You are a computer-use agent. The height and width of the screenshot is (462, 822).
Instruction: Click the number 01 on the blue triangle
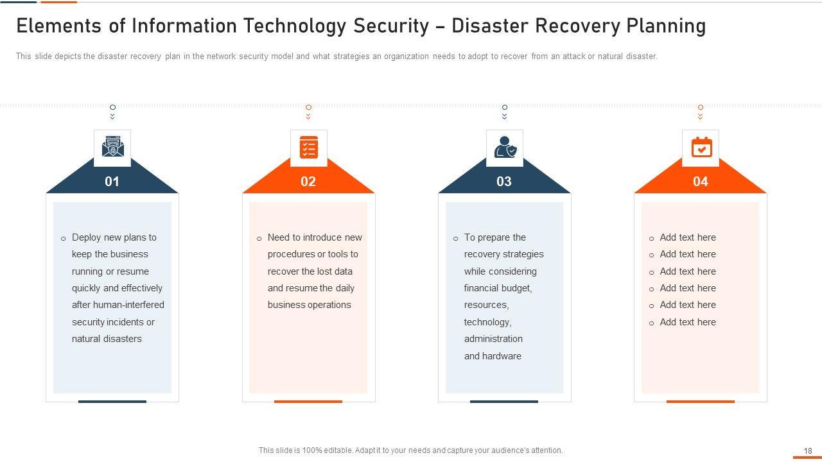pos(112,182)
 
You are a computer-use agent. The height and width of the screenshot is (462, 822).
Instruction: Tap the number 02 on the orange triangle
pos(308,182)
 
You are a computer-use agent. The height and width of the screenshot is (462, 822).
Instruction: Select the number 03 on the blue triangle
pos(504,182)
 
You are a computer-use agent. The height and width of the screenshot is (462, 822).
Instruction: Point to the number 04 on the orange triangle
pos(700,182)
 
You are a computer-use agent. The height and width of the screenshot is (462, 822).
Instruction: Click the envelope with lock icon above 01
pos(112,148)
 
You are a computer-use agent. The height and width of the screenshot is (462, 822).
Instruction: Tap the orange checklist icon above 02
pos(309,148)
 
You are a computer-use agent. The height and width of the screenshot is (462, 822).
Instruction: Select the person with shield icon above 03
pos(504,148)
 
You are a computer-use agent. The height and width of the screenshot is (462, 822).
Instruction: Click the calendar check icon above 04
pos(701,148)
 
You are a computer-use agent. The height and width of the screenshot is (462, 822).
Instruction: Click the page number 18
pos(808,451)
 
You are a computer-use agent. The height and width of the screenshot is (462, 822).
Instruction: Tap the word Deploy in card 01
pos(87,237)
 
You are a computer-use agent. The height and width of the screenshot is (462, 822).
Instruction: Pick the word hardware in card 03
pos(502,356)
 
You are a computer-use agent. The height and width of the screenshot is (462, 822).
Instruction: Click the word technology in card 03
pos(487,322)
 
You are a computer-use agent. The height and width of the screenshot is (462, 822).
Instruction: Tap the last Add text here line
pos(687,322)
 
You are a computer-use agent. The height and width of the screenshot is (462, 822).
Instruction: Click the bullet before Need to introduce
pos(259,239)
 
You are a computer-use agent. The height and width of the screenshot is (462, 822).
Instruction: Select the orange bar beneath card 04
pos(700,402)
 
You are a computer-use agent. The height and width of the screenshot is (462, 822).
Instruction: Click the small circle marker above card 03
pos(505,107)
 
